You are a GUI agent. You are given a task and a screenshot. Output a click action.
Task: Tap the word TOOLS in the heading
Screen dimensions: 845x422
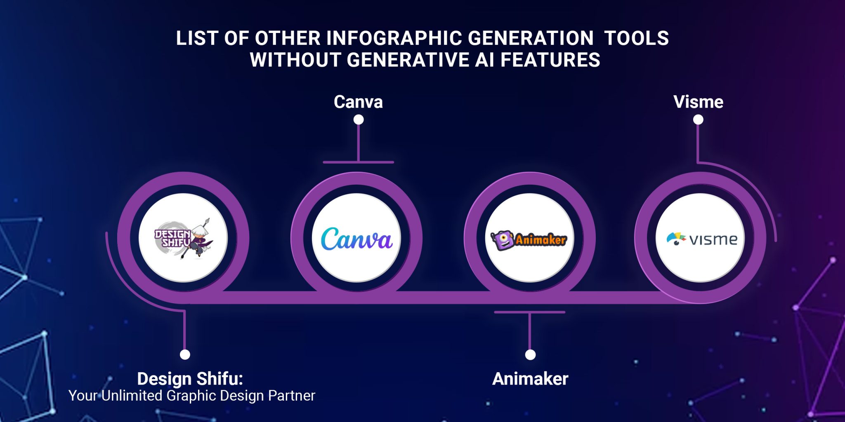(637, 38)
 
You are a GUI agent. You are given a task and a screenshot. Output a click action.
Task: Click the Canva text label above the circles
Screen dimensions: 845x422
(358, 102)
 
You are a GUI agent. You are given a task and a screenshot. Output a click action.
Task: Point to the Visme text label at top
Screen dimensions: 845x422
(698, 102)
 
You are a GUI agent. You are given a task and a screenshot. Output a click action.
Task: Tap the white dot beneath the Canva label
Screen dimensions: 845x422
(359, 120)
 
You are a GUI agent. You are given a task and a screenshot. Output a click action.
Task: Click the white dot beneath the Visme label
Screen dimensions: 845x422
(698, 120)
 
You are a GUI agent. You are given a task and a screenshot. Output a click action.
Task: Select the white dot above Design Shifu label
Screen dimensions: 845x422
(185, 354)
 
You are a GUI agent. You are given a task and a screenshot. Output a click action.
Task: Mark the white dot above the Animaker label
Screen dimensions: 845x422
(530, 354)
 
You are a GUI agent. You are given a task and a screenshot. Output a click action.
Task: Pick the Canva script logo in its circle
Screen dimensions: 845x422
(357, 239)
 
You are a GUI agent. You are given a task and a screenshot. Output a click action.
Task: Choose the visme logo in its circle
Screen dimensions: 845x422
(702, 239)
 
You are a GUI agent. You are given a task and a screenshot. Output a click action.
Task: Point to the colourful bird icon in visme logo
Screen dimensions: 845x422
(676, 239)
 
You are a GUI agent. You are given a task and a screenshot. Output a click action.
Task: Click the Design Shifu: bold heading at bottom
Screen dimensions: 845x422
(190, 378)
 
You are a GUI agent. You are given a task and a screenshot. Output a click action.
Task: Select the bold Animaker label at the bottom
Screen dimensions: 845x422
(530, 379)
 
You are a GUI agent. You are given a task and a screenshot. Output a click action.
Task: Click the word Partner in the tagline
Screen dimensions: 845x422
(292, 396)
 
